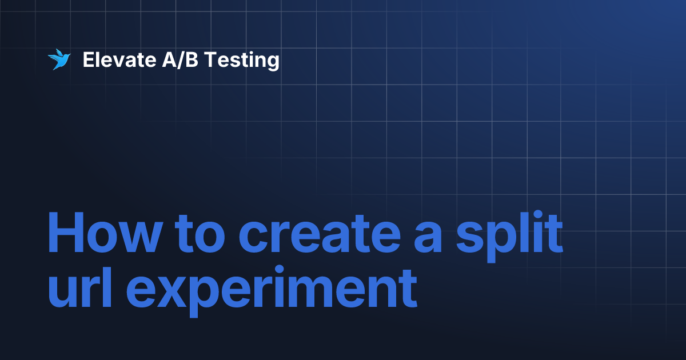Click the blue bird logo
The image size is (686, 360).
(58, 59)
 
